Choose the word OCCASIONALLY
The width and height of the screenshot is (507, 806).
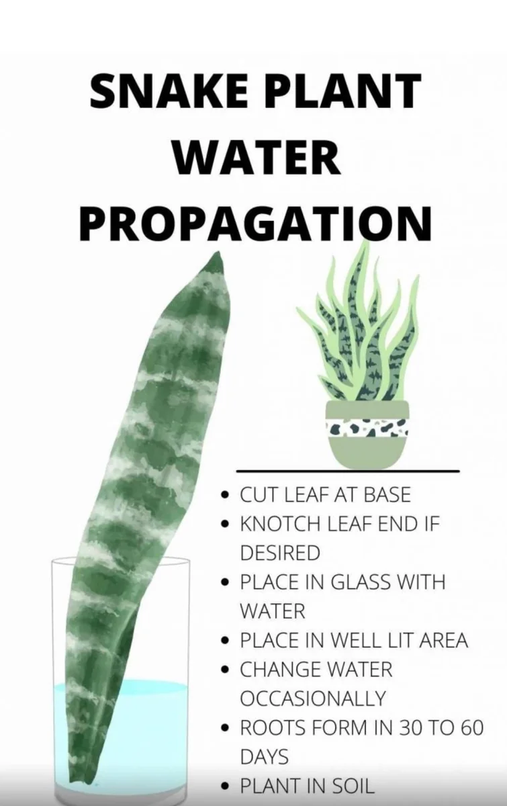(312, 698)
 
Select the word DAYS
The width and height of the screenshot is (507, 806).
(265, 756)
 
